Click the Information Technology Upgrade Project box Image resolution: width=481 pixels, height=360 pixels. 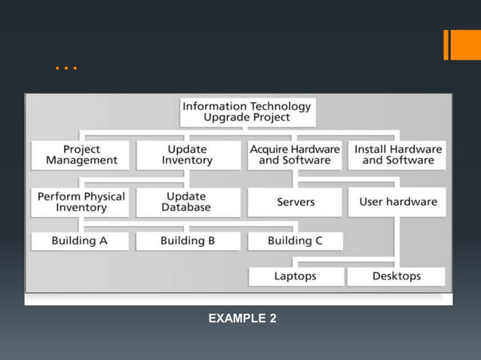(x=247, y=112)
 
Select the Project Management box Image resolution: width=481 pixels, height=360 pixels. (x=81, y=155)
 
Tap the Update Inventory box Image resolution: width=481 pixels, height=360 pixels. (x=187, y=155)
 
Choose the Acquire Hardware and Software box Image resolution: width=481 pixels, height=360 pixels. (x=295, y=155)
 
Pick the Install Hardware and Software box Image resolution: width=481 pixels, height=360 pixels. (x=398, y=155)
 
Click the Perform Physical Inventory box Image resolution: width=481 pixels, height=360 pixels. (x=81, y=202)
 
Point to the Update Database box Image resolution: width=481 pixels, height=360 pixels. (x=187, y=202)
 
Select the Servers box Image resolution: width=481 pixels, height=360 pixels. (x=296, y=202)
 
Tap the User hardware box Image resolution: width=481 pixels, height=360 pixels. (x=398, y=202)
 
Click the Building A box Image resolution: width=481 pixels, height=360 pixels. (x=79, y=241)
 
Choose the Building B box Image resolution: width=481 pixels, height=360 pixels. (x=187, y=241)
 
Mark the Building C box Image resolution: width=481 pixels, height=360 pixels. (x=295, y=241)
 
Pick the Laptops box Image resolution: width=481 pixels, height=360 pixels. (x=295, y=276)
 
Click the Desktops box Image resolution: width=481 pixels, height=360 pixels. (x=397, y=276)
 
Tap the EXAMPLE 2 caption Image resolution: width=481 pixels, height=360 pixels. (x=242, y=319)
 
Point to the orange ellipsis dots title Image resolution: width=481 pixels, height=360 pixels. (x=66, y=69)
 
